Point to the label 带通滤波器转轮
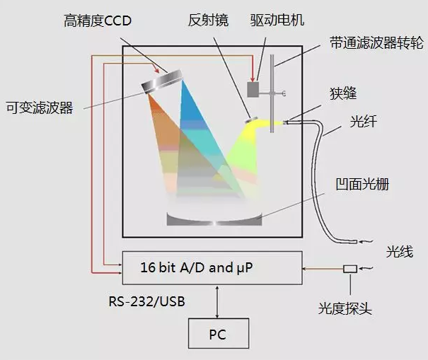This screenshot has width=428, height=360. tap(376, 43)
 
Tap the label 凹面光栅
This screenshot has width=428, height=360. tap(362, 185)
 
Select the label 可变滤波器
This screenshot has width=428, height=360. tap(38, 109)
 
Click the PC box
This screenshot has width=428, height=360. tap(218, 335)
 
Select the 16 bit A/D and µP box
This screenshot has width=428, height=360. tap(212, 268)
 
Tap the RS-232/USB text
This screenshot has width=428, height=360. tap(147, 303)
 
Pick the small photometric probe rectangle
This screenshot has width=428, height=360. tap(350, 269)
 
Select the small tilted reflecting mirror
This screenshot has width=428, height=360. tap(251, 121)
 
